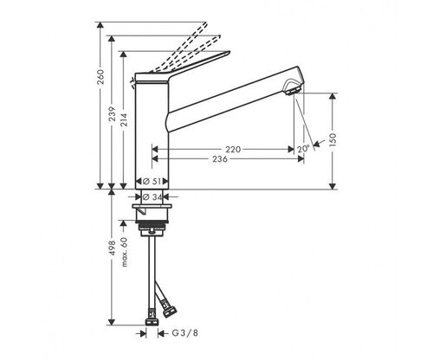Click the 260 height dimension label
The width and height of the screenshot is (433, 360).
tap(100, 77)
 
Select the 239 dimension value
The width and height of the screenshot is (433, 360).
tap(112, 114)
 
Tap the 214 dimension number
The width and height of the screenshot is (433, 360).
tap(124, 119)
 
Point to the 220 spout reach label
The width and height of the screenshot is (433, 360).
tap(233, 150)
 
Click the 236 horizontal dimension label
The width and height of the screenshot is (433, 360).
tap(220, 159)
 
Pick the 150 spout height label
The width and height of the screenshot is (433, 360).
tap(333, 140)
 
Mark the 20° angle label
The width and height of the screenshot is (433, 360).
tap(303, 149)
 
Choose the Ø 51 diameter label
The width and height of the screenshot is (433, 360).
tap(152, 182)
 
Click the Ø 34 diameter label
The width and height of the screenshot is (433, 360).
tap(152, 197)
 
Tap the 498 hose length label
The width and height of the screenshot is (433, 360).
tap(112, 247)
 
